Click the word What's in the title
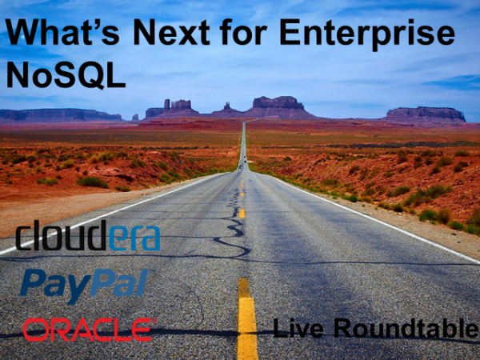pos(62,32)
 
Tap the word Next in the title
pos(171,32)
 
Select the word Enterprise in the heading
pos(367,34)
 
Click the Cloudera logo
pos(88,235)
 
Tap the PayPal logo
pos(84,286)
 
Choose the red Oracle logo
pos(90,330)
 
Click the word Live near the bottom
pos(298,328)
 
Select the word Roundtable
pos(406,328)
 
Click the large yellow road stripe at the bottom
pos(246,318)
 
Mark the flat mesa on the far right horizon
pos(426,114)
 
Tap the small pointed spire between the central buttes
pos(227,108)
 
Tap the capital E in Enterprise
pos(290,32)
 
